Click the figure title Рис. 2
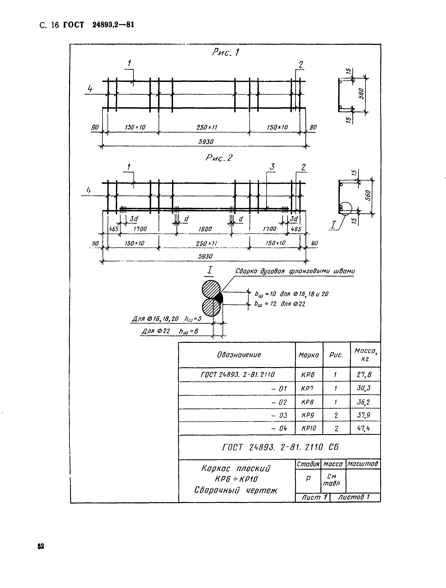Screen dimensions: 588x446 (219, 158)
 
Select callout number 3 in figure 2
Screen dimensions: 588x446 (272, 167)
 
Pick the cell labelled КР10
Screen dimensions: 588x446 (309, 428)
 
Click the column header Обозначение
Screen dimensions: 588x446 (239, 355)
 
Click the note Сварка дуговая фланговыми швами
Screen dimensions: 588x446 (295, 271)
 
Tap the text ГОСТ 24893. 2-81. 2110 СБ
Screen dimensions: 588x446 (280, 447)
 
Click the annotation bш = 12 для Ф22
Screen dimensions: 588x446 (280, 304)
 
